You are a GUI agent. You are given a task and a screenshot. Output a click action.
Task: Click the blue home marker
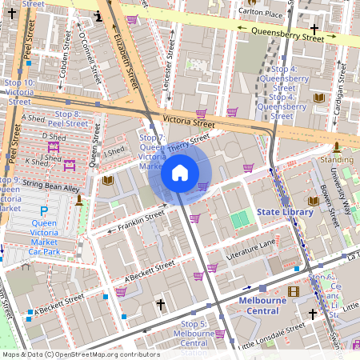pyautogui.click(x=180, y=172)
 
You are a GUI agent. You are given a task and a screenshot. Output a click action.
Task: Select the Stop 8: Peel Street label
pyautogui.click(x=68, y=119)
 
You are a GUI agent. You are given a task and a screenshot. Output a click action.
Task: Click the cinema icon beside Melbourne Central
pyautogui.click(x=293, y=291)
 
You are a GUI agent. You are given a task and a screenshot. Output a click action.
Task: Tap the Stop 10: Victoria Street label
pyautogui.click(x=19, y=92)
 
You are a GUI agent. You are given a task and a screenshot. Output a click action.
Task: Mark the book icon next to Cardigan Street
pyautogui.click(x=319, y=98)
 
